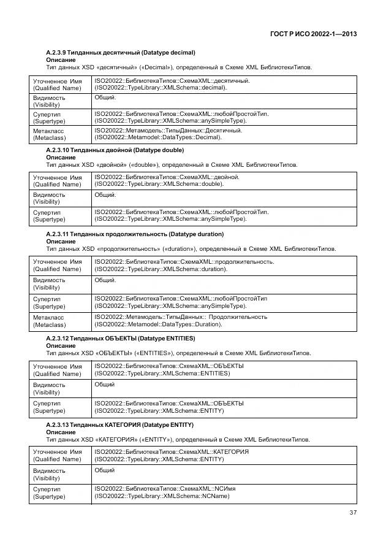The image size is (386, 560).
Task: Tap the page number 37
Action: click(353, 513)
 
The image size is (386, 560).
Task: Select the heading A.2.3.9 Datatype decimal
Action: click(121, 53)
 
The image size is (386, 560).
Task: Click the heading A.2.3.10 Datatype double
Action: click(115, 150)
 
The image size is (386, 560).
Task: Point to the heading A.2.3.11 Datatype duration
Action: click(135, 234)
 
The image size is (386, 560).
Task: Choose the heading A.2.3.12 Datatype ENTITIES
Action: click(120, 339)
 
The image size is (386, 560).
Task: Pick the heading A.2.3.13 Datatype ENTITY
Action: click(119, 424)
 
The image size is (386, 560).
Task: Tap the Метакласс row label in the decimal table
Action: click(48, 134)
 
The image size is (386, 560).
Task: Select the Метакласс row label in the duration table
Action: click(48, 321)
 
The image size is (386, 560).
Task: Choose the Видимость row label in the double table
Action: click(48, 198)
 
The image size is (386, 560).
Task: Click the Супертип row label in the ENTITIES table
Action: click(48, 407)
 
